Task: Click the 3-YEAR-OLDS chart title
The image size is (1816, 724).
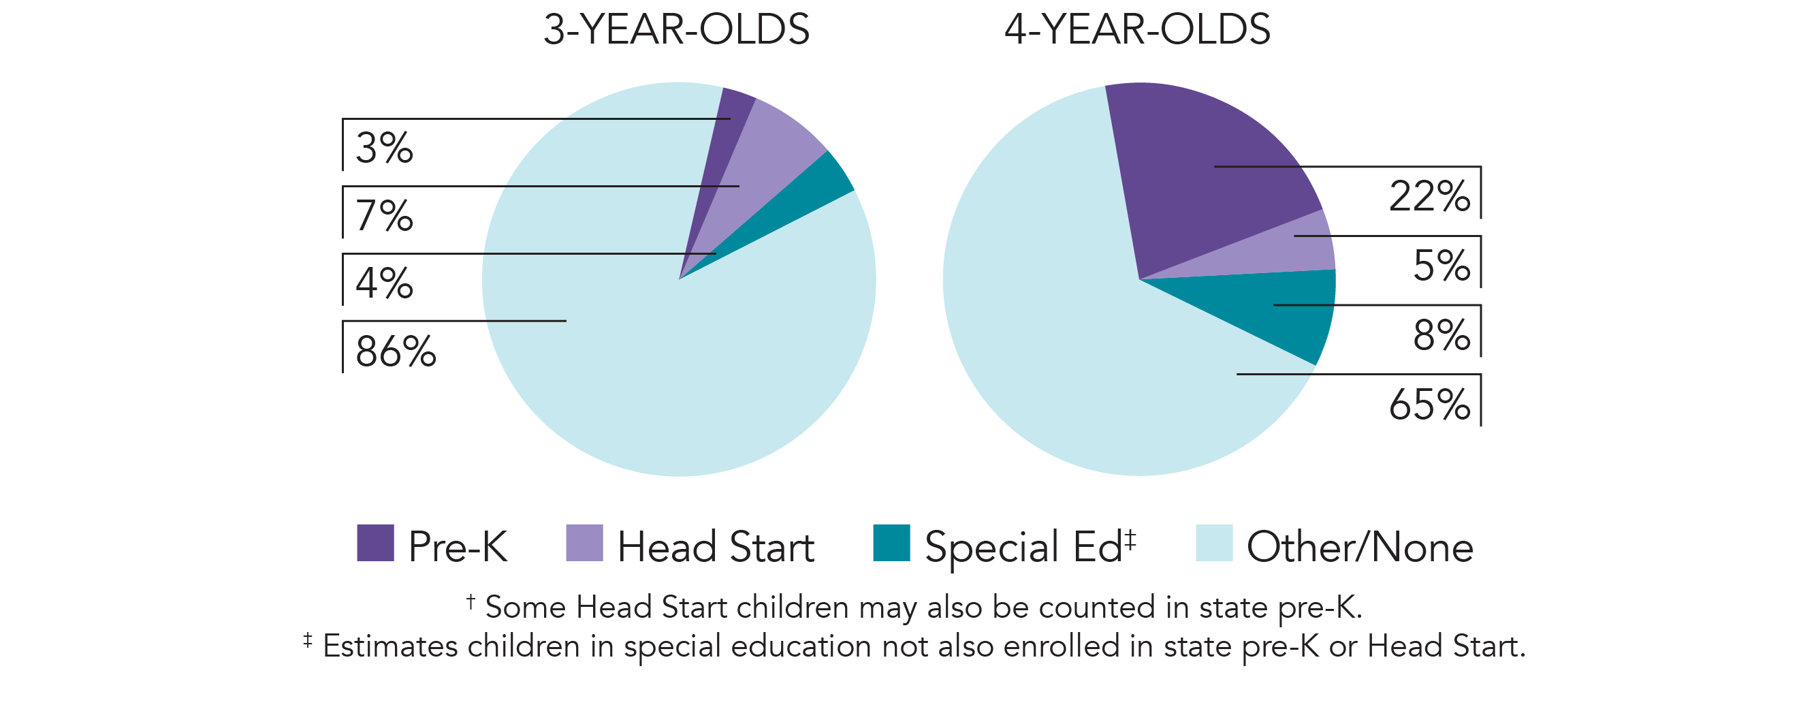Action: pos(676,29)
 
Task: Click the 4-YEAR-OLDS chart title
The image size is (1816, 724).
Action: pos(1137,29)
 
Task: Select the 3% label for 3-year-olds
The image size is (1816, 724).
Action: pos(384,148)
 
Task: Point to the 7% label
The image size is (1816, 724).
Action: pos(384,216)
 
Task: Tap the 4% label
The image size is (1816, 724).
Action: pos(384,283)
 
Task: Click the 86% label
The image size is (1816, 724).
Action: pos(396,351)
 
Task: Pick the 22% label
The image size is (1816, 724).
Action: pos(1429,196)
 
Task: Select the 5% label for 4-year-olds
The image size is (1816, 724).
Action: pos(1441,266)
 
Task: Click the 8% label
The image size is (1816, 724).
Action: pos(1441,335)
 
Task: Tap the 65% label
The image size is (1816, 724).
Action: pos(1429,405)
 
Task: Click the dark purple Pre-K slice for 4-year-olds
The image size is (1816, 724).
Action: pos(1198,176)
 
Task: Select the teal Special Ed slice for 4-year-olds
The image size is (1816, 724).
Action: pos(1290,310)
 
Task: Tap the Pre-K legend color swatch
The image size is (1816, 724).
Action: pos(375,543)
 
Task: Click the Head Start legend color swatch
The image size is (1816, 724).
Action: pos(584,543)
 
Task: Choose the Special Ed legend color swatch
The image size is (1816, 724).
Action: pos(891,543)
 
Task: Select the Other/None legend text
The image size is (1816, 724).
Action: pos(1359,547)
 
